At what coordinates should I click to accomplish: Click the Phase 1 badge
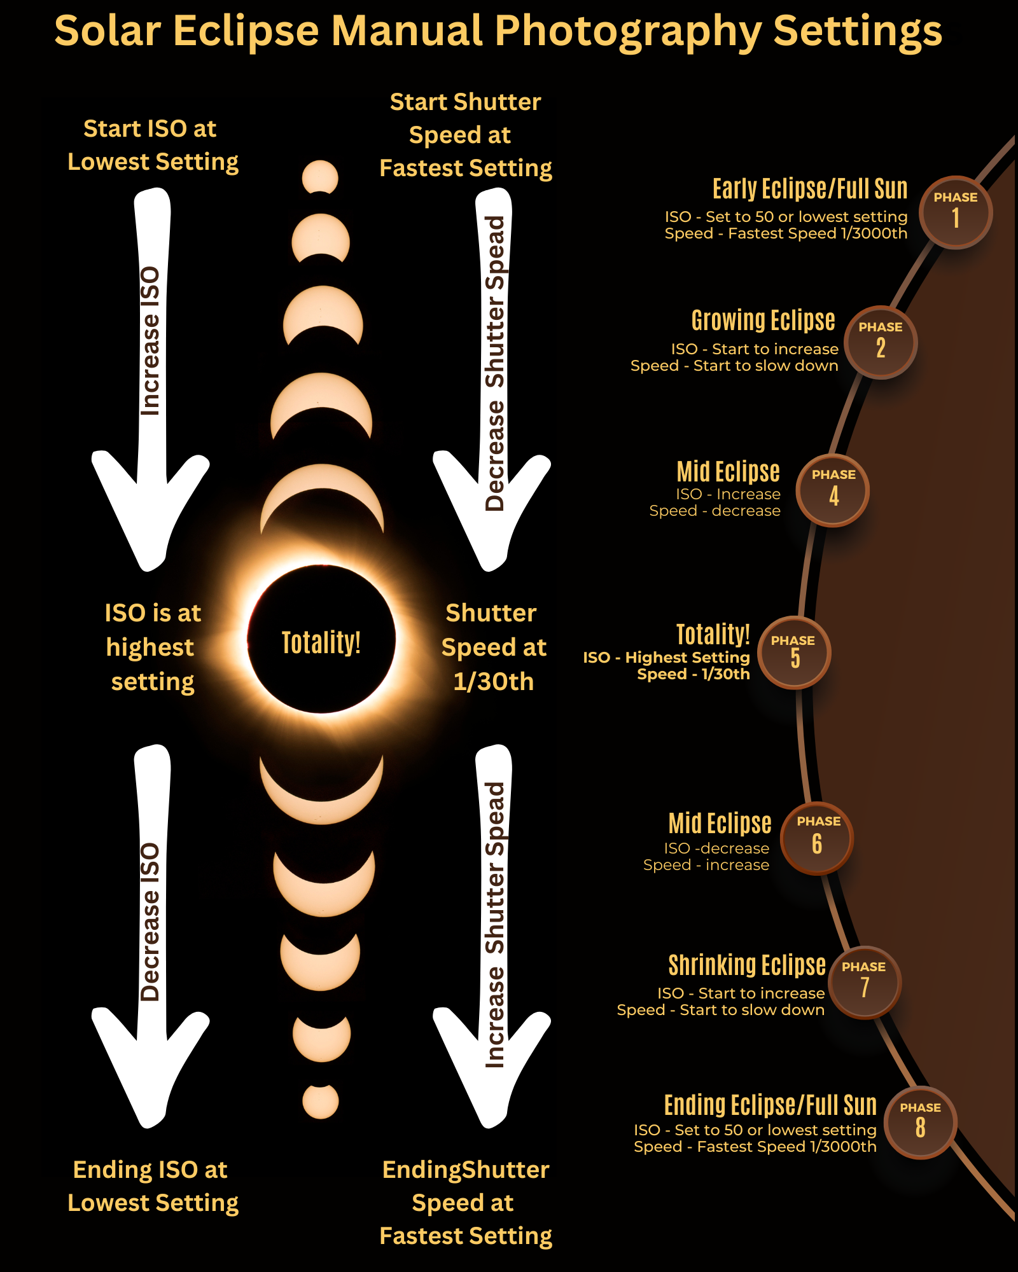(x=955, y=212)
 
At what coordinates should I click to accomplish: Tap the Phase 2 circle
(x=881, y=342)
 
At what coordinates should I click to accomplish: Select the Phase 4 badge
(x=833, y=490)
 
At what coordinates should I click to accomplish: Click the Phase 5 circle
(x=794, y=653)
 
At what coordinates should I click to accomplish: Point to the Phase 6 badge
(x=818, y=838)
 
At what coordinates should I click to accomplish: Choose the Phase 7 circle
(x=864, y=982)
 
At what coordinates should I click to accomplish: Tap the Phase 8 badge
(x=920, y=1123)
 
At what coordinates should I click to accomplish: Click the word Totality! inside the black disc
(x=321, y=642)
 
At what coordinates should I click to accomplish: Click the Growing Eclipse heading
(x=763, y=320)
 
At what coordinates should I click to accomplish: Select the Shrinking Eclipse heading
(x=747, y=965)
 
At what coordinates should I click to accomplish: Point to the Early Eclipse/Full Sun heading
(x=809, y=189)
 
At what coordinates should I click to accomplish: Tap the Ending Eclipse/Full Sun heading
(x=770, y=1105)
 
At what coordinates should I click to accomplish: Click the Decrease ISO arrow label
(x=150, y=922)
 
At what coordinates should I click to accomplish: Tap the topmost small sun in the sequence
(x=320, y=176)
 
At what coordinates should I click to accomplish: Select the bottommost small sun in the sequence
(x=321, y=1102)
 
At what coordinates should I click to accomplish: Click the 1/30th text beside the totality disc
(x=493, y=682)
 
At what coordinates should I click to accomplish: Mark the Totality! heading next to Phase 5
(x=713, y=635)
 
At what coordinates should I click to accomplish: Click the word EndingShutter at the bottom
(x=466, y=1170)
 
